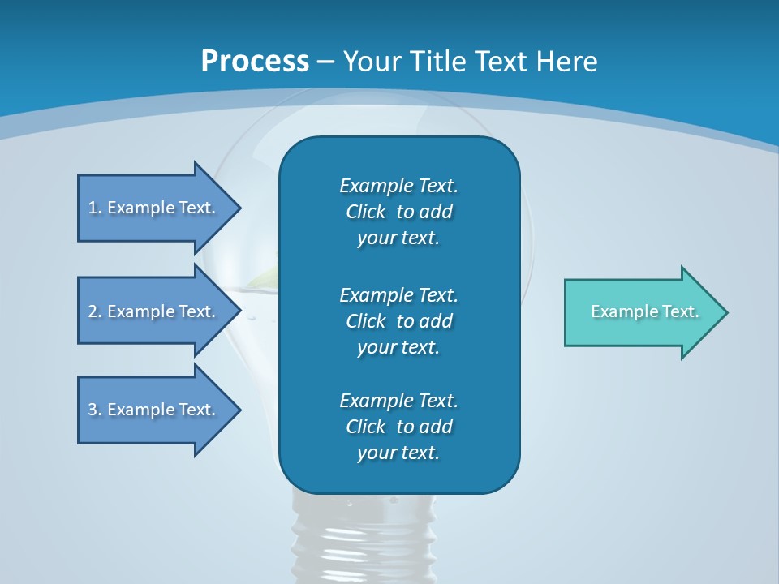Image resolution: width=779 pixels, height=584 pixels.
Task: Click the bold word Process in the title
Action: click(x=255, y=62)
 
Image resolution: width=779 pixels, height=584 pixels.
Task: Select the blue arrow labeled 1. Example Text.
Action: click(x=154, y=208)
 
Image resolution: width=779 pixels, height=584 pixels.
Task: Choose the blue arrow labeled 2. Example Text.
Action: click(x=154, y=311)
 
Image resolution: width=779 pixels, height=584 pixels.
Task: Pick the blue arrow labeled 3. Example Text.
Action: click(x=154, y=410)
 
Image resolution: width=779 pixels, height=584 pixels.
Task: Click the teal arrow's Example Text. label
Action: click(x=644, y=311)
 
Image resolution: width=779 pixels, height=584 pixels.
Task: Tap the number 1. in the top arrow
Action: click(x=95, y=208)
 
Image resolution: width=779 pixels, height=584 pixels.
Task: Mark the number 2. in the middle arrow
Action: click(x=95, y=311)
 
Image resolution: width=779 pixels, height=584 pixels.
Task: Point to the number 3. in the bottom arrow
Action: click(x=95, y=410)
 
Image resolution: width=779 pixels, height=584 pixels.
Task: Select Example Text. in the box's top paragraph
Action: click(x=398, y=186)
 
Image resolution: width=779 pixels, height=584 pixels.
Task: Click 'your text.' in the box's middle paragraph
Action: click(x=398, y=347)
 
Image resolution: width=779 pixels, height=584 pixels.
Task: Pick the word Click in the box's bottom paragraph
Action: click(x=366, y=427)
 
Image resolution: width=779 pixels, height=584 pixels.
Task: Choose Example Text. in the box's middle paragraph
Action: click(x=398, y=294)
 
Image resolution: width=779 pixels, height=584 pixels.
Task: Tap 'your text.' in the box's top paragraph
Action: click(x=398, y=238)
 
